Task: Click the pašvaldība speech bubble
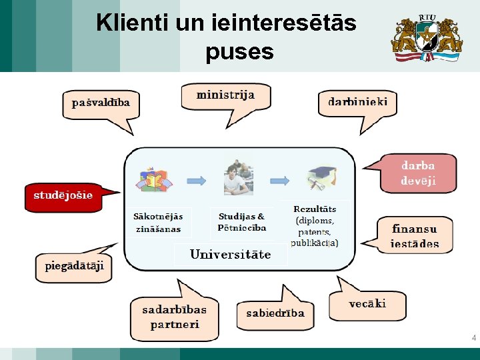[x=101, y=103]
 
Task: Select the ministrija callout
[x=225, y=95]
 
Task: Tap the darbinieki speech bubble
[x=357, y=103]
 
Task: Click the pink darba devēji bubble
[x=418, y=173]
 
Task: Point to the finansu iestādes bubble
[x=415, y=235]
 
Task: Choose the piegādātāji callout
[x=74, y=266]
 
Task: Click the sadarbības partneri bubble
[x=174, y=317]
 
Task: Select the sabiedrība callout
[x=275, y=313]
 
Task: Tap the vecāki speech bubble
[x=367, y=304]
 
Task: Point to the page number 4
[x=473, y=338]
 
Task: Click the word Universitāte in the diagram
[x=230, y=255]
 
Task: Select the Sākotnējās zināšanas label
[x=158, y=223]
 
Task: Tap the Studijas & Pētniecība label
[x=241, y=222]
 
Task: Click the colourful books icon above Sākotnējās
[x=153, y=179]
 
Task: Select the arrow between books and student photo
[x=196, y=180]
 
